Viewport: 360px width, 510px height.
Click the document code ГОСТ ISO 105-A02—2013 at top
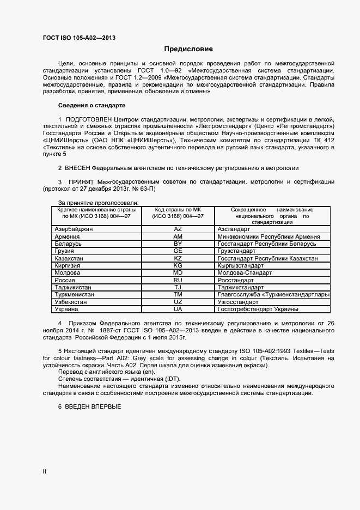coord(79,38)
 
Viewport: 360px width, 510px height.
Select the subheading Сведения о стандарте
coord(91,105)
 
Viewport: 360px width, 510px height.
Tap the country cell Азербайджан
coord(74,229)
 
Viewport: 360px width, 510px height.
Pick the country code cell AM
coord(178,236)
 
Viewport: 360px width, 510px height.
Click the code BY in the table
coord(178,244)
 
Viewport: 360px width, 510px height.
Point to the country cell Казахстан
coord(69,258)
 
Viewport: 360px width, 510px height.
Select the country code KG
coord(178,265)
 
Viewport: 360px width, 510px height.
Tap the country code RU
coord(178,280)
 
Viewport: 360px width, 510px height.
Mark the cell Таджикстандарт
coord(241,287)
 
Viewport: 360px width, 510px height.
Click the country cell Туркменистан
coord(75,294)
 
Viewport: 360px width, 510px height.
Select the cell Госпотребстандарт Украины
coord(258,309)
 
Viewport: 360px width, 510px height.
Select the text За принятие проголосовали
coord(94,203)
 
